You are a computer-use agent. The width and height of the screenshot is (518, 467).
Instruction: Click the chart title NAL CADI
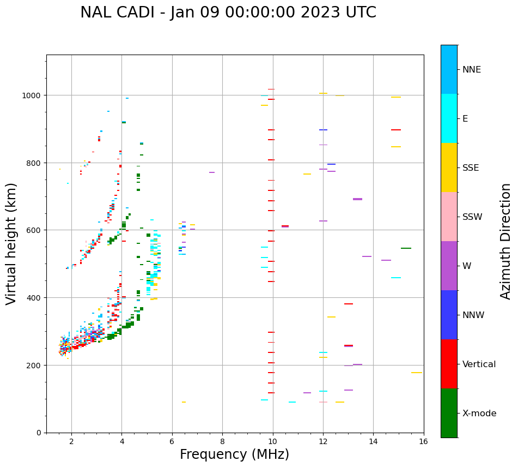tap(228, 13)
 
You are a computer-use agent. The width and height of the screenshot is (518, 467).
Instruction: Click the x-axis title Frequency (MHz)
tap(234, 454)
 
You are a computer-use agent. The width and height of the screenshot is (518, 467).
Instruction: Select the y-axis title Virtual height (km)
tap(11, 243)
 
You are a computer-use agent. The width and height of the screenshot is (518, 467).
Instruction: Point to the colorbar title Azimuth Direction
tap(506, 241)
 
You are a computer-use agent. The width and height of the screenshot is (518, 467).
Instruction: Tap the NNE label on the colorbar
tap(472, 70)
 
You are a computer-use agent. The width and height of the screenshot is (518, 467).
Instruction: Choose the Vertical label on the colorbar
tap(479, 364)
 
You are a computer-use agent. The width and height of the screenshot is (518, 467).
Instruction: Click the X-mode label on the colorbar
tap(479, 414)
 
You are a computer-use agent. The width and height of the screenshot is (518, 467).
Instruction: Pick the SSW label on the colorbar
tap(472, 217)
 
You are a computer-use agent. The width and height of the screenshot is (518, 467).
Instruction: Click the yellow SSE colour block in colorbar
tap(449, 167)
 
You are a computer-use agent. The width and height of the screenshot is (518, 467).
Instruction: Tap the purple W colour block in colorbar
tap(449, 266)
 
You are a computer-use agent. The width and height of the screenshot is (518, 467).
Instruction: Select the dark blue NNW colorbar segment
tap(449, 315)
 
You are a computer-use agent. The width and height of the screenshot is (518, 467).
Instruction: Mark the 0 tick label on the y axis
tap(39, 433)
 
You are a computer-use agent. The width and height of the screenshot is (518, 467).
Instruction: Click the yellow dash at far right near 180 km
tap(417, 373)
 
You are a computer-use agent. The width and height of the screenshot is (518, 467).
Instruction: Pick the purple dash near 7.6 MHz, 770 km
tap(211, 172)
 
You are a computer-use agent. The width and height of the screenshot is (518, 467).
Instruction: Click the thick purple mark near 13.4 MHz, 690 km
tap(357, 199)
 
